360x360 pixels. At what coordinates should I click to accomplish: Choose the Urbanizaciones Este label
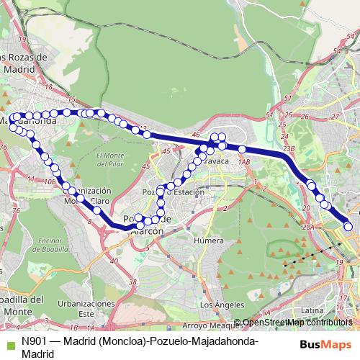pyautogui.click(x=86, y=309)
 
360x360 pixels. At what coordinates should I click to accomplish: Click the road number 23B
pyautogui.click(x=289, y=148)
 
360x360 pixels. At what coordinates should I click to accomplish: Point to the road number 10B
pyautogui.click(x=49, y=182)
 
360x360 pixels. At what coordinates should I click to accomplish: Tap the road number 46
pyautogui.click(x=196, y=135)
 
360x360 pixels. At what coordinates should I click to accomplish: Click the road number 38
pyautogui.click(x=132, y=282)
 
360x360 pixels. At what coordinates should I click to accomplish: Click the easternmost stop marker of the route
pyautogui.click(x=348, y=227)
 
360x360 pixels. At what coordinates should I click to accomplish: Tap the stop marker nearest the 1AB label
pyautogui.click(x=243, y=149)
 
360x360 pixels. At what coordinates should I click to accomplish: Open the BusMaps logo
pyautogui.click(x=323, y=343)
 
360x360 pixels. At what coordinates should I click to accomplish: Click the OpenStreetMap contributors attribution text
pyautogui.click(x=297, y=323)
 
